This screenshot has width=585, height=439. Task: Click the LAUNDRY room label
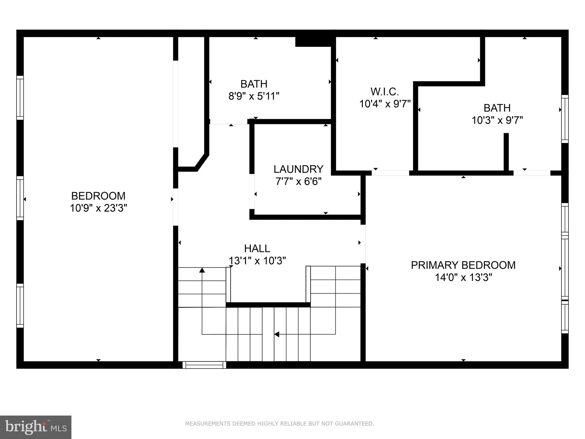(298, 169)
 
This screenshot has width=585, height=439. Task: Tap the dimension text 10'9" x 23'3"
(98, 208)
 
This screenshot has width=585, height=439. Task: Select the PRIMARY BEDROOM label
(463, 265)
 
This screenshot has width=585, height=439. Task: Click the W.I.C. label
(384, 92)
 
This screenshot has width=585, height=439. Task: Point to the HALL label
(257, 248)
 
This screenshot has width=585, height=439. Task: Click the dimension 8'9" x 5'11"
(254, 96)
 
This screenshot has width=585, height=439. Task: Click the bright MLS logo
(35, 427)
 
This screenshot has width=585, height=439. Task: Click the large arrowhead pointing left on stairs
(277, 334)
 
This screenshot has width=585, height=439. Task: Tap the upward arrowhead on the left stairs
(202, 270)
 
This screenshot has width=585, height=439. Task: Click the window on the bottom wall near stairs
(204, 365)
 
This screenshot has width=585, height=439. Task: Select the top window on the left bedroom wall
(20, 98)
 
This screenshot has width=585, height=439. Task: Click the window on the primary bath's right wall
(565, 119)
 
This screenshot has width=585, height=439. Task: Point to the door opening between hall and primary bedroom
(363, 244)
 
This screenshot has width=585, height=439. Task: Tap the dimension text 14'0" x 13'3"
(463, 278)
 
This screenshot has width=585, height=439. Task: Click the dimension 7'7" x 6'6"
(298, 181)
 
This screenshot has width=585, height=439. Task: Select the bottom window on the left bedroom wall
(20, 306)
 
